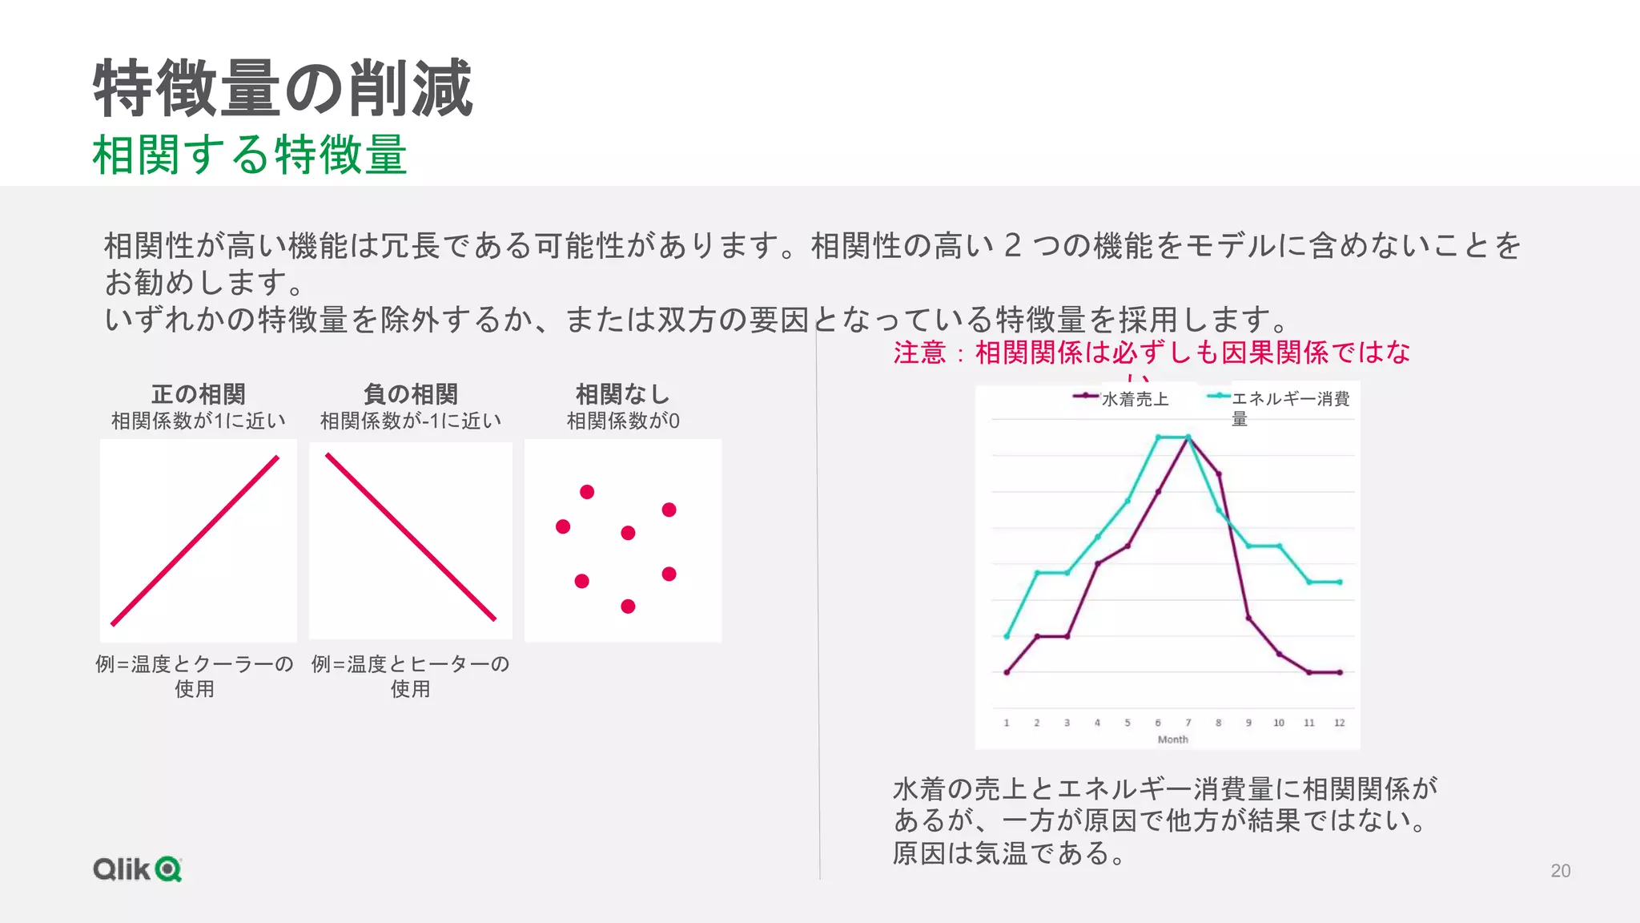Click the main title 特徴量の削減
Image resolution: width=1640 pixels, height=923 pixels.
[x=283, y=88]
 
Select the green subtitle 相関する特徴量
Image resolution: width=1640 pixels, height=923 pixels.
[x=249, y=155]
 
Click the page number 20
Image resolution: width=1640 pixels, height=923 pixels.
[x=1560, y=871]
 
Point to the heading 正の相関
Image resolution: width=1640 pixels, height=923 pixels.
[x=199, y=394]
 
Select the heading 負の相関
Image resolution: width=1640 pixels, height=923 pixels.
[x=410, y=394]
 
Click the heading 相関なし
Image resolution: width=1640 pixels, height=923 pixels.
[x=622, y=394]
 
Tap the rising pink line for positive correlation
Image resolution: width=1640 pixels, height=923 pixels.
[x=195, y=541]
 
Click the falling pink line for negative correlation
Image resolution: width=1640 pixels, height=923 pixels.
[x=411, y=538]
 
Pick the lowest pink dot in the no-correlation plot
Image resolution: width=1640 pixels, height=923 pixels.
[x=628, y=607]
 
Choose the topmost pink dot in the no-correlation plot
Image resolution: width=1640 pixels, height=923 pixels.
[x=587, y=492]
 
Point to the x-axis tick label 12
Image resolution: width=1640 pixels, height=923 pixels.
[x=1339, y=723]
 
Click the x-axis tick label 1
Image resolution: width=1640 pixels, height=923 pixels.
[x=1007, y=723]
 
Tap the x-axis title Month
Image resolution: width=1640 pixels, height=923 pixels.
[x=1172, y=740]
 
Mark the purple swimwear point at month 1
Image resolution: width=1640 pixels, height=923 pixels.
[x=1007, y=672]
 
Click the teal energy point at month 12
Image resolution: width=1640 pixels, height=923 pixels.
[x=1340, y=582]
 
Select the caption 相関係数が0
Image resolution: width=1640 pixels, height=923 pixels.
[x=622, y=421]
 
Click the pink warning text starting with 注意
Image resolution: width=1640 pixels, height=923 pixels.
[x=1152, y=353]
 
